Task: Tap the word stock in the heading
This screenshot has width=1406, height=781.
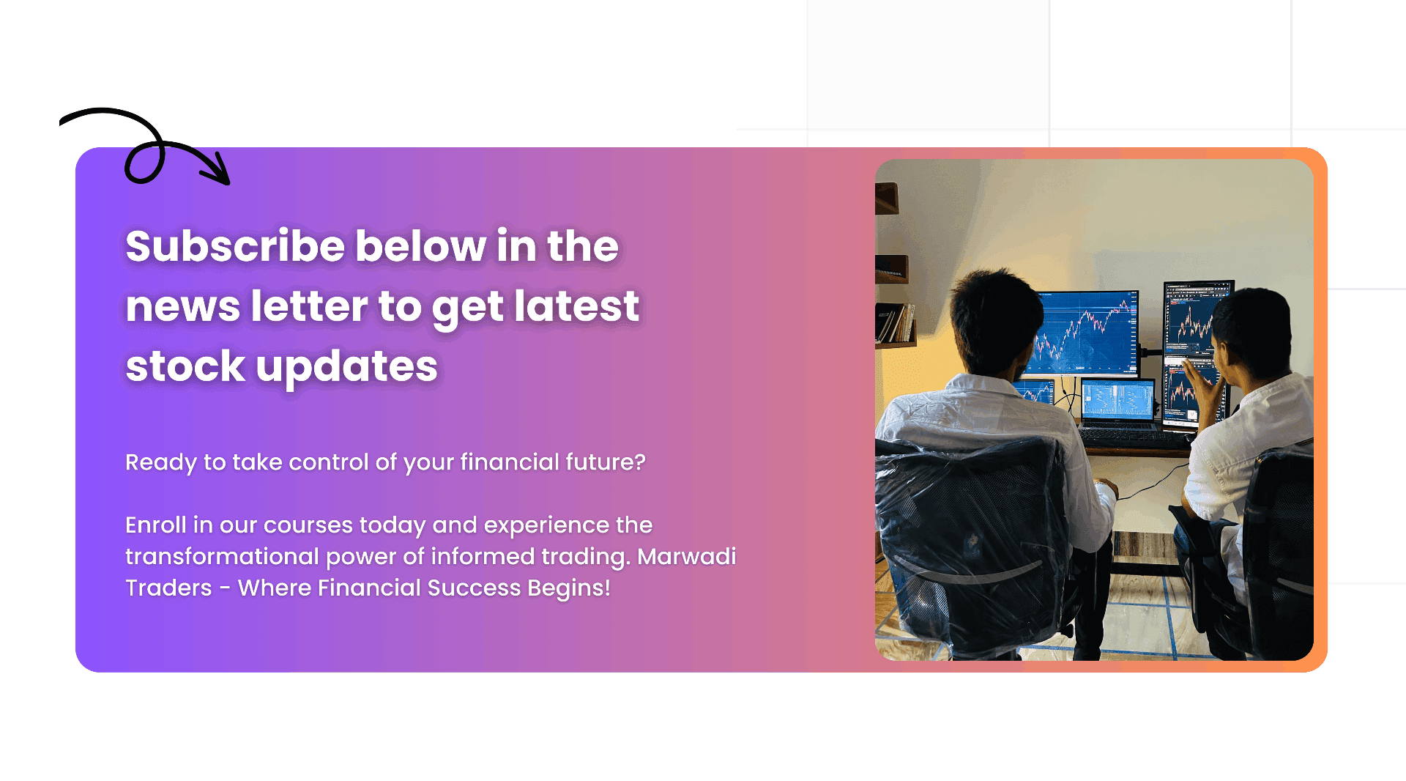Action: (185, 366)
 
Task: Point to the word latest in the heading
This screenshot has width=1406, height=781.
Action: (577, 306)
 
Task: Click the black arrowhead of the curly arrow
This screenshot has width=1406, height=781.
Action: (217, 169)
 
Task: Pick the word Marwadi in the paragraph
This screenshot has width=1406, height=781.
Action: (687, 556)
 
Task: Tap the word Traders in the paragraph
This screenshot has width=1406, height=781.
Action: (168, 588)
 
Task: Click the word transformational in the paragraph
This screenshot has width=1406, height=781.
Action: (222, 556)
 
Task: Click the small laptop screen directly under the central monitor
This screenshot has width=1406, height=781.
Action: (1117, 400)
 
